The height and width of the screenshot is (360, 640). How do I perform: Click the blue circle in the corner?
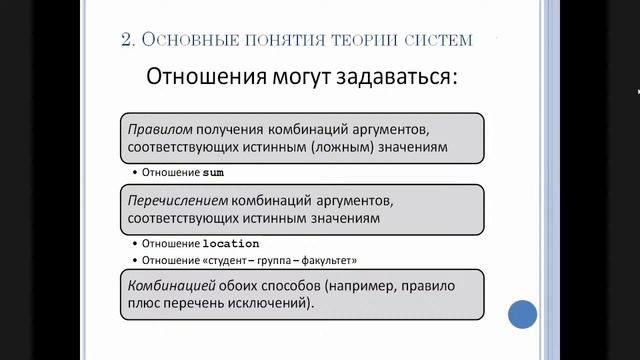[523, 315]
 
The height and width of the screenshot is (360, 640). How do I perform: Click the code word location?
[231, 243]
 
